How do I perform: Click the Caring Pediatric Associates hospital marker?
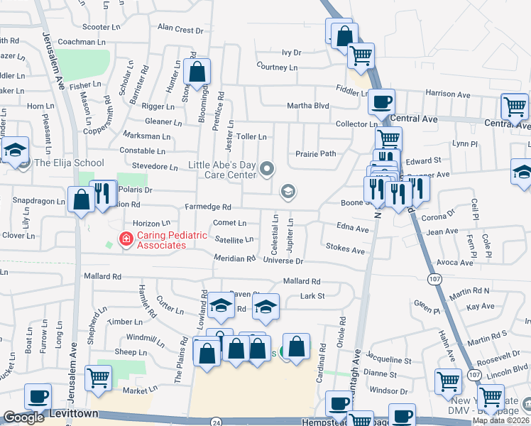[x=126, y=239]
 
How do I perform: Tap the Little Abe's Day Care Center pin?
[x=267, y=168]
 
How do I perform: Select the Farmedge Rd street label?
[x=208, y=207]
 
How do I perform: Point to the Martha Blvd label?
[x=308, y=106]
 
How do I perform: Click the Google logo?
[x=23, y=417]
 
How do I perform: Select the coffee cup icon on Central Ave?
[x=381, y=102]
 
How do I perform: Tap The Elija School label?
[x=69, y=163]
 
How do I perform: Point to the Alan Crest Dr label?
[x=180, y=29]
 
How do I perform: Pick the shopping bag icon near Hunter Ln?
[x=197, y=72]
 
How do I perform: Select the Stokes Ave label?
[x=345, y=250]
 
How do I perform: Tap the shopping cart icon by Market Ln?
[x=98, y=378]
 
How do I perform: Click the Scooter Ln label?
[x=102, y=27]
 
